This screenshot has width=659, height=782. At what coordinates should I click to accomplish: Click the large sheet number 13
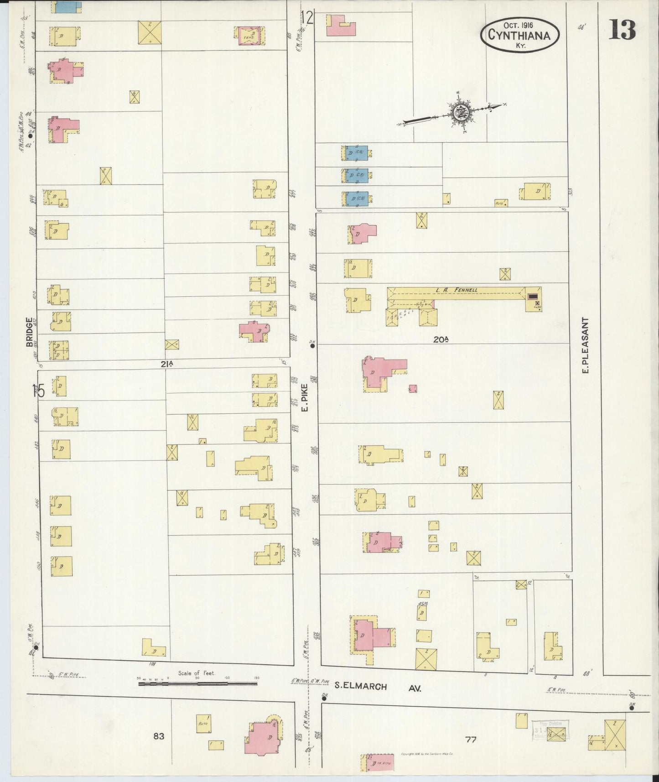(622, 30)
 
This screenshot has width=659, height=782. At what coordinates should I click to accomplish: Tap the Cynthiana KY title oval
(519, 34)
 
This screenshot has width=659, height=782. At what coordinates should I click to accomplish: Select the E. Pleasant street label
(586, 345)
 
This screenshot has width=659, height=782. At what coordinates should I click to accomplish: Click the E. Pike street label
(305, 397)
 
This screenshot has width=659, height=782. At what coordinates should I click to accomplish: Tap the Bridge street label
(29, 332)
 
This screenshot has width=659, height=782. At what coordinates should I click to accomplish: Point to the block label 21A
(166, 364)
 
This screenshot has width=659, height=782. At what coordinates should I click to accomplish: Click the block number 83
(159, 735)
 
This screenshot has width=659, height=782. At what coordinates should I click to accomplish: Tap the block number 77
(471, 740)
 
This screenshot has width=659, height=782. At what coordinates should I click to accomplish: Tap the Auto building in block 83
(203, 724)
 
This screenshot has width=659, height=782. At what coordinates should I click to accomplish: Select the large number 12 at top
(307, 18)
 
